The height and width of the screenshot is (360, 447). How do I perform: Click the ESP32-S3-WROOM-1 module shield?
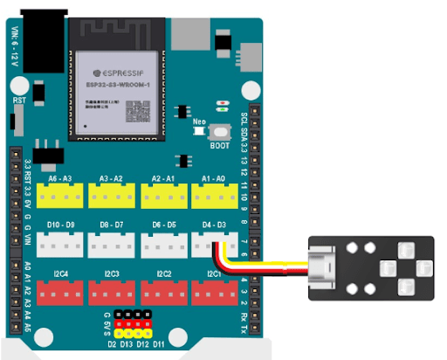[116, 93]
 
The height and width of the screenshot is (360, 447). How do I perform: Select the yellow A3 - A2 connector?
[112, 197]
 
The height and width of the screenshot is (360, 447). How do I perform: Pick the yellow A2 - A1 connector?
[162, 197]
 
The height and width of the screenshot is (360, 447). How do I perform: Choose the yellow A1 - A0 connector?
[212, 197]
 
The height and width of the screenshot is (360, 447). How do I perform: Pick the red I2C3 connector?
[112, 294]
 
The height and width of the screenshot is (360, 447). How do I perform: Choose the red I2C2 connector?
[162, 294]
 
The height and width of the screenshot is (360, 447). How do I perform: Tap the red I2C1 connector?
[212, 294]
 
